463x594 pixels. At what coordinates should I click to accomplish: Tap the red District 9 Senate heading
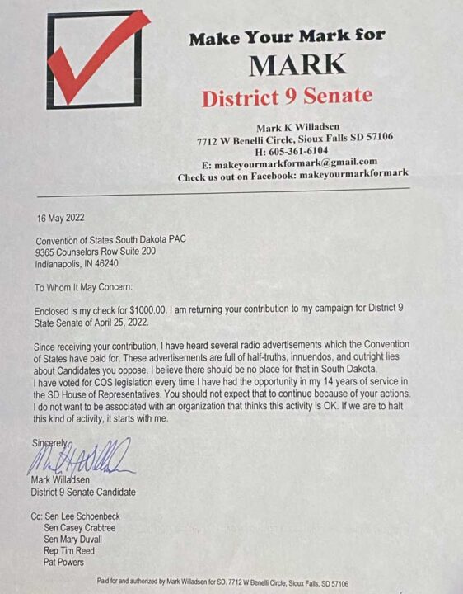(x=287, y=97)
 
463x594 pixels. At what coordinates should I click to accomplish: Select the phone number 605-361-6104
(x=289, y=150)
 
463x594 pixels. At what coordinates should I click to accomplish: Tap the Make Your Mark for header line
(x=286, y=38)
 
